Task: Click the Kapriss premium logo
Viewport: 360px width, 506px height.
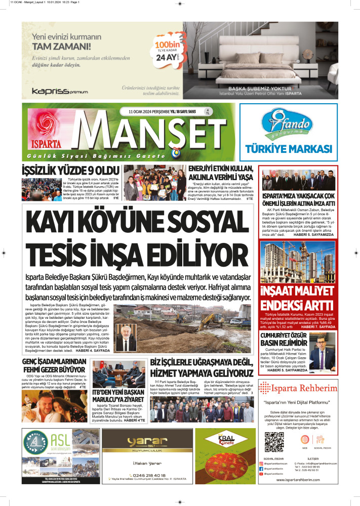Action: (60, 91)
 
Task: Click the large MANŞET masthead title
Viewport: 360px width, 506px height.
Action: (152, 131)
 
